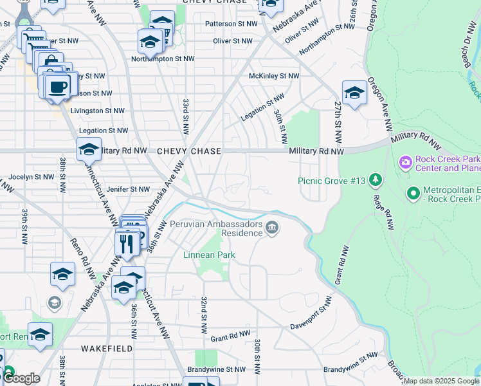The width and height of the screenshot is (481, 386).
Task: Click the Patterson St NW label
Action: (231, 24)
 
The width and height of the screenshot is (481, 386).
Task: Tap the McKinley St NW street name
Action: (275, 76)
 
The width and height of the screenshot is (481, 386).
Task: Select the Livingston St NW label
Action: (97, 111)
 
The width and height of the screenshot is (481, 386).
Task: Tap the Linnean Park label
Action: (209, 255)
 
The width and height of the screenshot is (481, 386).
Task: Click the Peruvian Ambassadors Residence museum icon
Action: (273, 227)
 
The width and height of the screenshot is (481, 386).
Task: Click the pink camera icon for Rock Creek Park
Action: (405, 161)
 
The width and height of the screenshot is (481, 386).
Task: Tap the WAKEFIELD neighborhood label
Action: (107, 349)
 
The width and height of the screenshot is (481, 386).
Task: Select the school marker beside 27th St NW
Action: (354, 94)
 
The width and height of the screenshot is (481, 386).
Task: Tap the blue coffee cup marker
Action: (57, 87)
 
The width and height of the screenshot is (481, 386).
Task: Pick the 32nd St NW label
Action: (204, 315)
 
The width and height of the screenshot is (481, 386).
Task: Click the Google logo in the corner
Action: (21, 378)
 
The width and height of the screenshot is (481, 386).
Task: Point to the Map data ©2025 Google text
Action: (441, 381)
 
